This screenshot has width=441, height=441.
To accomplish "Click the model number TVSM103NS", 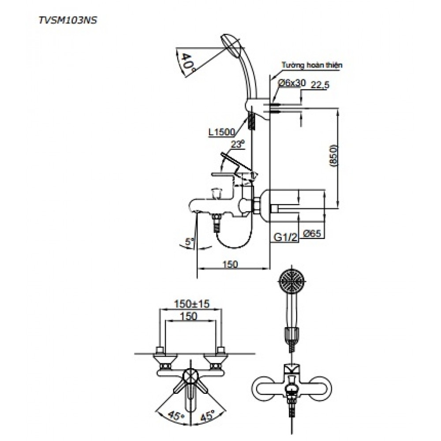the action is [68, 21].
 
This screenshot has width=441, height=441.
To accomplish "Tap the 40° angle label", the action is [187, 62].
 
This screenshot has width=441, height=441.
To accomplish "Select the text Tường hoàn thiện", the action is [312, 65].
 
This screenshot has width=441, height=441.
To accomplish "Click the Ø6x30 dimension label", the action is [292, 83].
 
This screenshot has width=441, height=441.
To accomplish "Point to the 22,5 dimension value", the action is [320, 85].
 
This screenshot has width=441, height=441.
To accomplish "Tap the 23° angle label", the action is [238, 144].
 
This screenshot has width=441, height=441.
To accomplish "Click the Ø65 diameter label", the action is [313, 233].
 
